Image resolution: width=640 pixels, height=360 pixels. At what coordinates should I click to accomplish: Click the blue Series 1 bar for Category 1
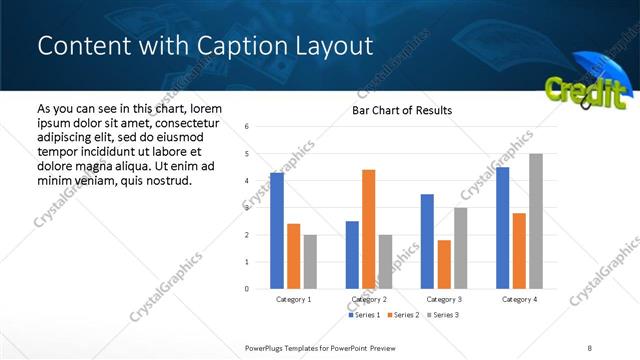277,231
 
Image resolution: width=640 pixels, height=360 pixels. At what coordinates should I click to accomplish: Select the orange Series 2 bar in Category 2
368,229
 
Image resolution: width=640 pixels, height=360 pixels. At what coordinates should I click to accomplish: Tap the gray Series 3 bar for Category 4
536,221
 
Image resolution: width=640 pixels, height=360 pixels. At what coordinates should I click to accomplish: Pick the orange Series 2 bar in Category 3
444,264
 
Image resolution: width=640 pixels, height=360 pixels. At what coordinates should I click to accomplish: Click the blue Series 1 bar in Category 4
502,228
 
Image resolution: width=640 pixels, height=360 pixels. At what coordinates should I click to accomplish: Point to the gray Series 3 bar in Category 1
310,262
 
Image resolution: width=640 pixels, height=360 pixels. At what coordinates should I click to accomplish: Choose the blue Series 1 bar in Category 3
427,241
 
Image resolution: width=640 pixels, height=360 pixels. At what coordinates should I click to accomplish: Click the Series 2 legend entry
403,315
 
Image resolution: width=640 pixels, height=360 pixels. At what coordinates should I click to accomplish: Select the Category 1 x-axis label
293,299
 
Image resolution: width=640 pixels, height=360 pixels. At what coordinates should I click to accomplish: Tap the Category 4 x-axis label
518,299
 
